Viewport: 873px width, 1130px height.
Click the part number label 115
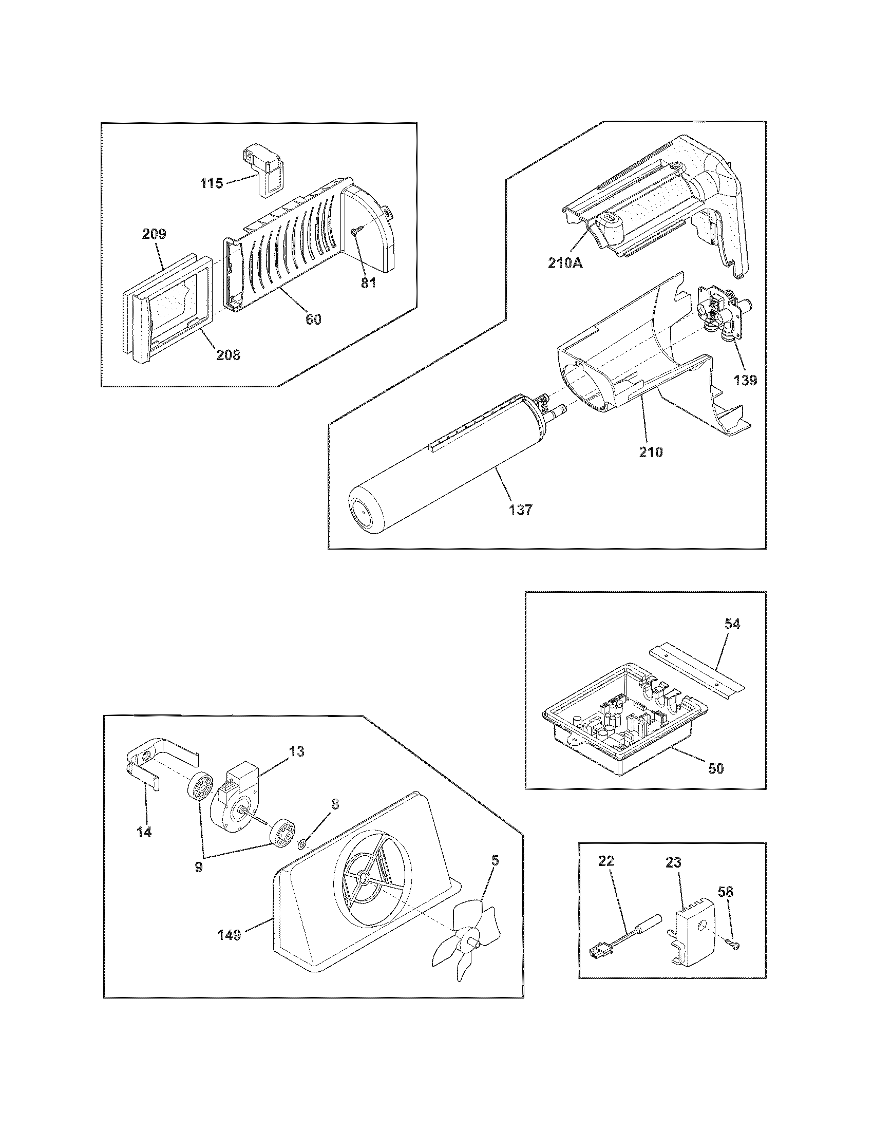pyautogui.click(x=212, y=183)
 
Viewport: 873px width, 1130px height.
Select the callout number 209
pyautogui.click(x=154, y=234)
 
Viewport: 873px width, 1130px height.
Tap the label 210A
pyautogui.click(x=566, y=263)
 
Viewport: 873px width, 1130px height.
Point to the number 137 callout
pyautogui.click(x=520, y=510)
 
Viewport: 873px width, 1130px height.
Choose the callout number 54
pyautogui.click(x=732, y=625)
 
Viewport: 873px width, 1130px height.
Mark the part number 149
pyautogui.click(x=229, y=935)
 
